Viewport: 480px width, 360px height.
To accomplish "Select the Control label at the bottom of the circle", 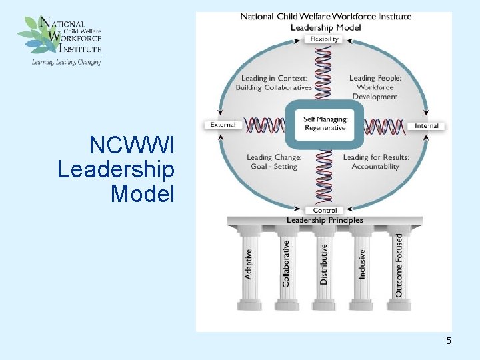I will click(x=325, y=211).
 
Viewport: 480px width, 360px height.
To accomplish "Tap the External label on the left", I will click(x=223, y=125).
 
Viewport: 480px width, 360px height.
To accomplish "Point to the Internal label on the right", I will click(x=426, y=125).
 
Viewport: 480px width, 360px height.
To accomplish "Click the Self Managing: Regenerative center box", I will click(x=325, y=124).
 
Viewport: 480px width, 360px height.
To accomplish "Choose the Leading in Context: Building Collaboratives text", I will click(x=274, y=83).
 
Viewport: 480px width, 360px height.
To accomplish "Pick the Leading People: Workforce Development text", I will click(x=375, y=87).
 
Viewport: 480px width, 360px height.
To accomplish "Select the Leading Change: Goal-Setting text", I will click(x=274, y=162).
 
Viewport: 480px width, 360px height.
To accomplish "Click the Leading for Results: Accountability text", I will click(x=375, y=162).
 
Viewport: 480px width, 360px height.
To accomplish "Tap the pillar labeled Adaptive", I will click(x=249, y=265).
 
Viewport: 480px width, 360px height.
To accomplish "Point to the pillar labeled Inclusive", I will click(x=362, y=265).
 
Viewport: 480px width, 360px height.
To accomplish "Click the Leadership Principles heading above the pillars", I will click(x=325, y=221).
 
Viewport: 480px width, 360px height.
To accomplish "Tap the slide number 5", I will click(x=449, y=341).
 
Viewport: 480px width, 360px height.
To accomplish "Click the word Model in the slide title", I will click(x=142, y=194).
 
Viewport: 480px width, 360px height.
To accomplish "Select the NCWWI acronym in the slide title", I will click(x=131, y=145).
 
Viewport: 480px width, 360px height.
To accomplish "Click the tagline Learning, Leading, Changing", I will click(x=66, y=62).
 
